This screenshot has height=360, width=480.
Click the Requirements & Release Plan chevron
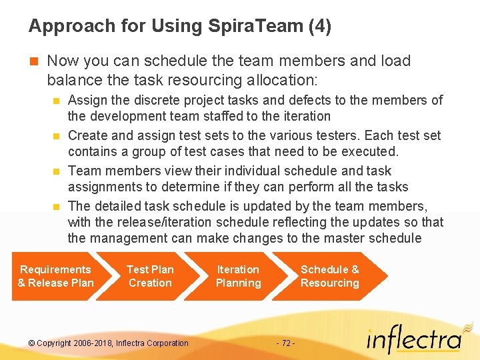(x=56, y=276)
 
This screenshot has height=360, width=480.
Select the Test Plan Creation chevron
(x=150, y=276)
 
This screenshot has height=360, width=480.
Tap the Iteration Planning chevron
(x=238, y=276)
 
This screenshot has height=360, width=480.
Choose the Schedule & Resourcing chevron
(x=329, y=276)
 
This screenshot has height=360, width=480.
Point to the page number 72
(x=285, y=343)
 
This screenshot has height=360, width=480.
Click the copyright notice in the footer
(x=109, y=343)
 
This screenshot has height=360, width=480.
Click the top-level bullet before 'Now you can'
(x=34, y=61)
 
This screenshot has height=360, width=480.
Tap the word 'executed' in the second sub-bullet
(x=370, y=151)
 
